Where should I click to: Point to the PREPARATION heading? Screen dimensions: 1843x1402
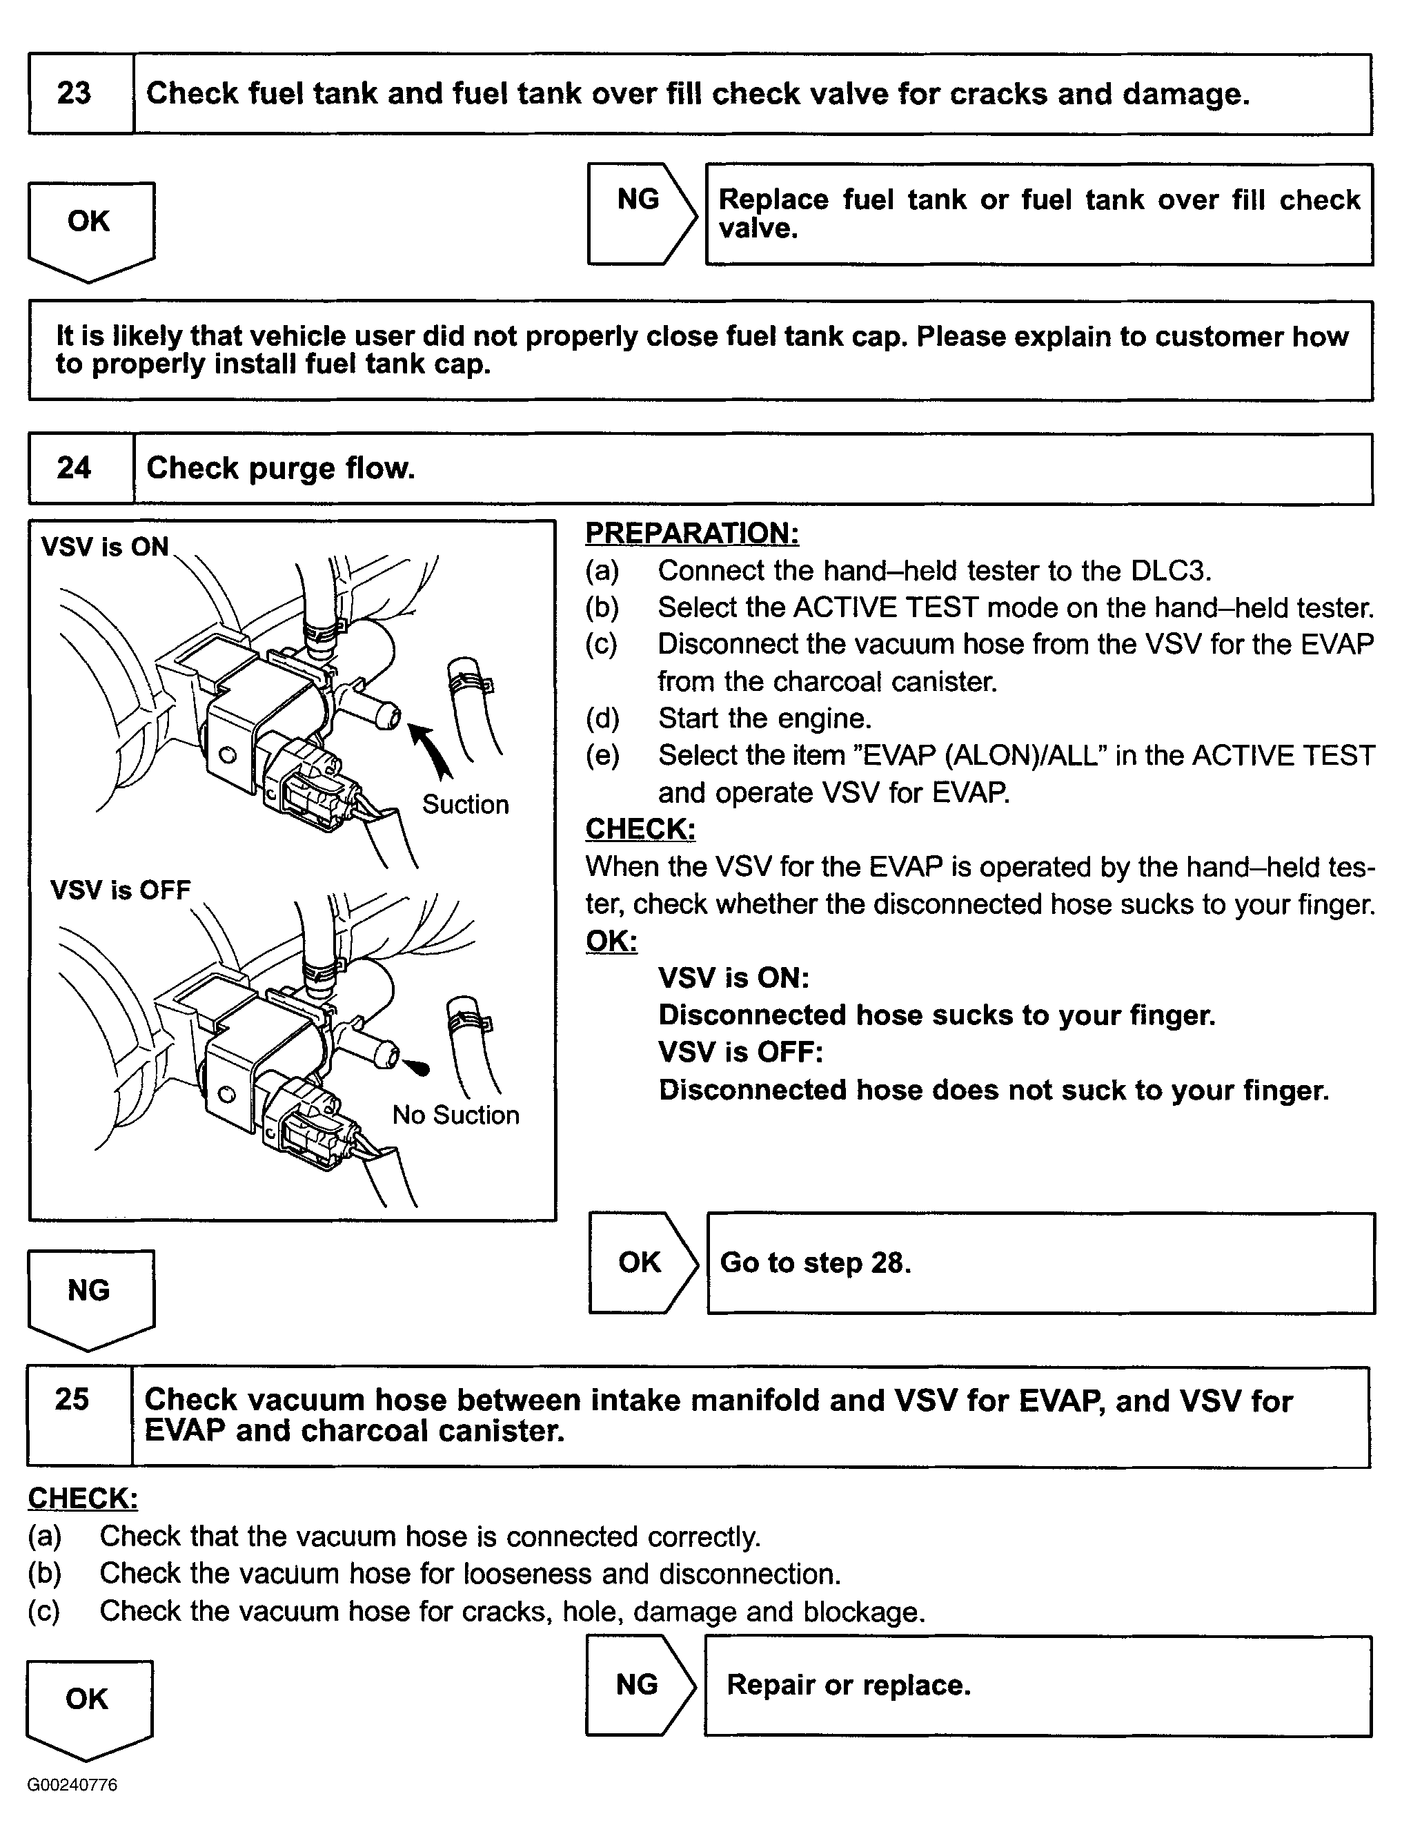pyautogui.click(x=692, y=532)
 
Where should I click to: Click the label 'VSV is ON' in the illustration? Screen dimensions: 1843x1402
pyautogui.click(x=104, y=547)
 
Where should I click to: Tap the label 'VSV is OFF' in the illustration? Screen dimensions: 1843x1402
pyautogui.click(x=120, y=890)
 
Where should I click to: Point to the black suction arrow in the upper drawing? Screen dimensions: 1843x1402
pyautogui.click(x=431, y=750)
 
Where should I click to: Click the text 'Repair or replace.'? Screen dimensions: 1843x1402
pyautogui.click(x=849, y=1685)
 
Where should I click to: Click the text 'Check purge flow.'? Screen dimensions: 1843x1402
pyautogui.click(x=280, y=468)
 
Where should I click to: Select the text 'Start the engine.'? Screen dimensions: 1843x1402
pyautogui.click(x=764, y=719)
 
